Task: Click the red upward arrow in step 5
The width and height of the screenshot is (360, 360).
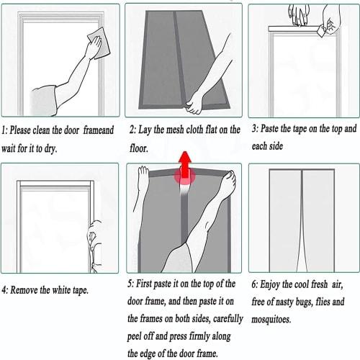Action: click(x=185, y=167)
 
